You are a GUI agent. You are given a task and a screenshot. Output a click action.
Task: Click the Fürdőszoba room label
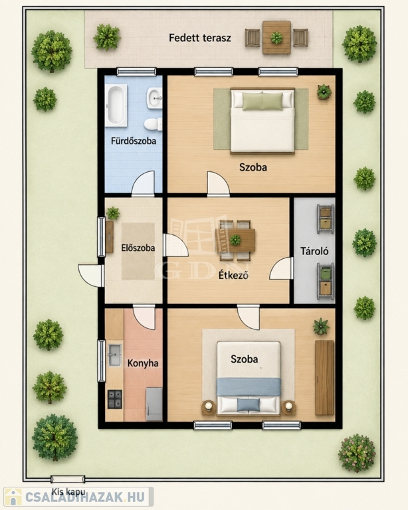[x=134, y=141]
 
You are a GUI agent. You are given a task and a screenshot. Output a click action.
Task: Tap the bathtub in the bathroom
[x=116, y=106]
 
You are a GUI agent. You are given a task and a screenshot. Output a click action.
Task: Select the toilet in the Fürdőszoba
[x=153, y=125]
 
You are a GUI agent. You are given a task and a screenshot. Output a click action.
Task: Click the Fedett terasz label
[x=200, y=38]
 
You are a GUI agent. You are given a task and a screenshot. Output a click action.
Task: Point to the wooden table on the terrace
[x=276, y=38]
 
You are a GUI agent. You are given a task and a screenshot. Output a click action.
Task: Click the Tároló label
[x=314, y=251]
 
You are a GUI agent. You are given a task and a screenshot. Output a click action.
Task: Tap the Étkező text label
[x=233, y=275]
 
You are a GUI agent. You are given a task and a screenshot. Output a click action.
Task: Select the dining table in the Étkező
[x=235, y=240]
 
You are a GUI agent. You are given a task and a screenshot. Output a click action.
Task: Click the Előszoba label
[x=138, y=248]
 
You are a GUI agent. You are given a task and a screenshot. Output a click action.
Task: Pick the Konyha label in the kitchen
[x=142, y=363]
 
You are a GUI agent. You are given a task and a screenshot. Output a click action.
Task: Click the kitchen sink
[x=114, y=355]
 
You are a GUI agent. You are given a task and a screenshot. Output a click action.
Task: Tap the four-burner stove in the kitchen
[x=115, y=399]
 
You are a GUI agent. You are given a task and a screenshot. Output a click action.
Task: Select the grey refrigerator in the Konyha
[x=154, y=404]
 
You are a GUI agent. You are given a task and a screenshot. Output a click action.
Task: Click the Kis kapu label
[x=68, y=492]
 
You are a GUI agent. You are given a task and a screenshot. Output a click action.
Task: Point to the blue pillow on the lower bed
[x=249, y=404]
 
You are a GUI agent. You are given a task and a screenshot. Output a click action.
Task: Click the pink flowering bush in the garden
[x=357, y=453]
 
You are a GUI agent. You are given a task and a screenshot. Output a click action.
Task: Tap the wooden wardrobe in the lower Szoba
[x=324, y=378]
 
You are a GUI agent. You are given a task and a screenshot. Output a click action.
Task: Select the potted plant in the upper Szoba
[x=324, y=92]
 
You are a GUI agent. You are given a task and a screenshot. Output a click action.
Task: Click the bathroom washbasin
[x=155, y=98]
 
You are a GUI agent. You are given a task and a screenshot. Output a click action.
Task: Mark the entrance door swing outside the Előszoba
[x=91, y=276]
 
